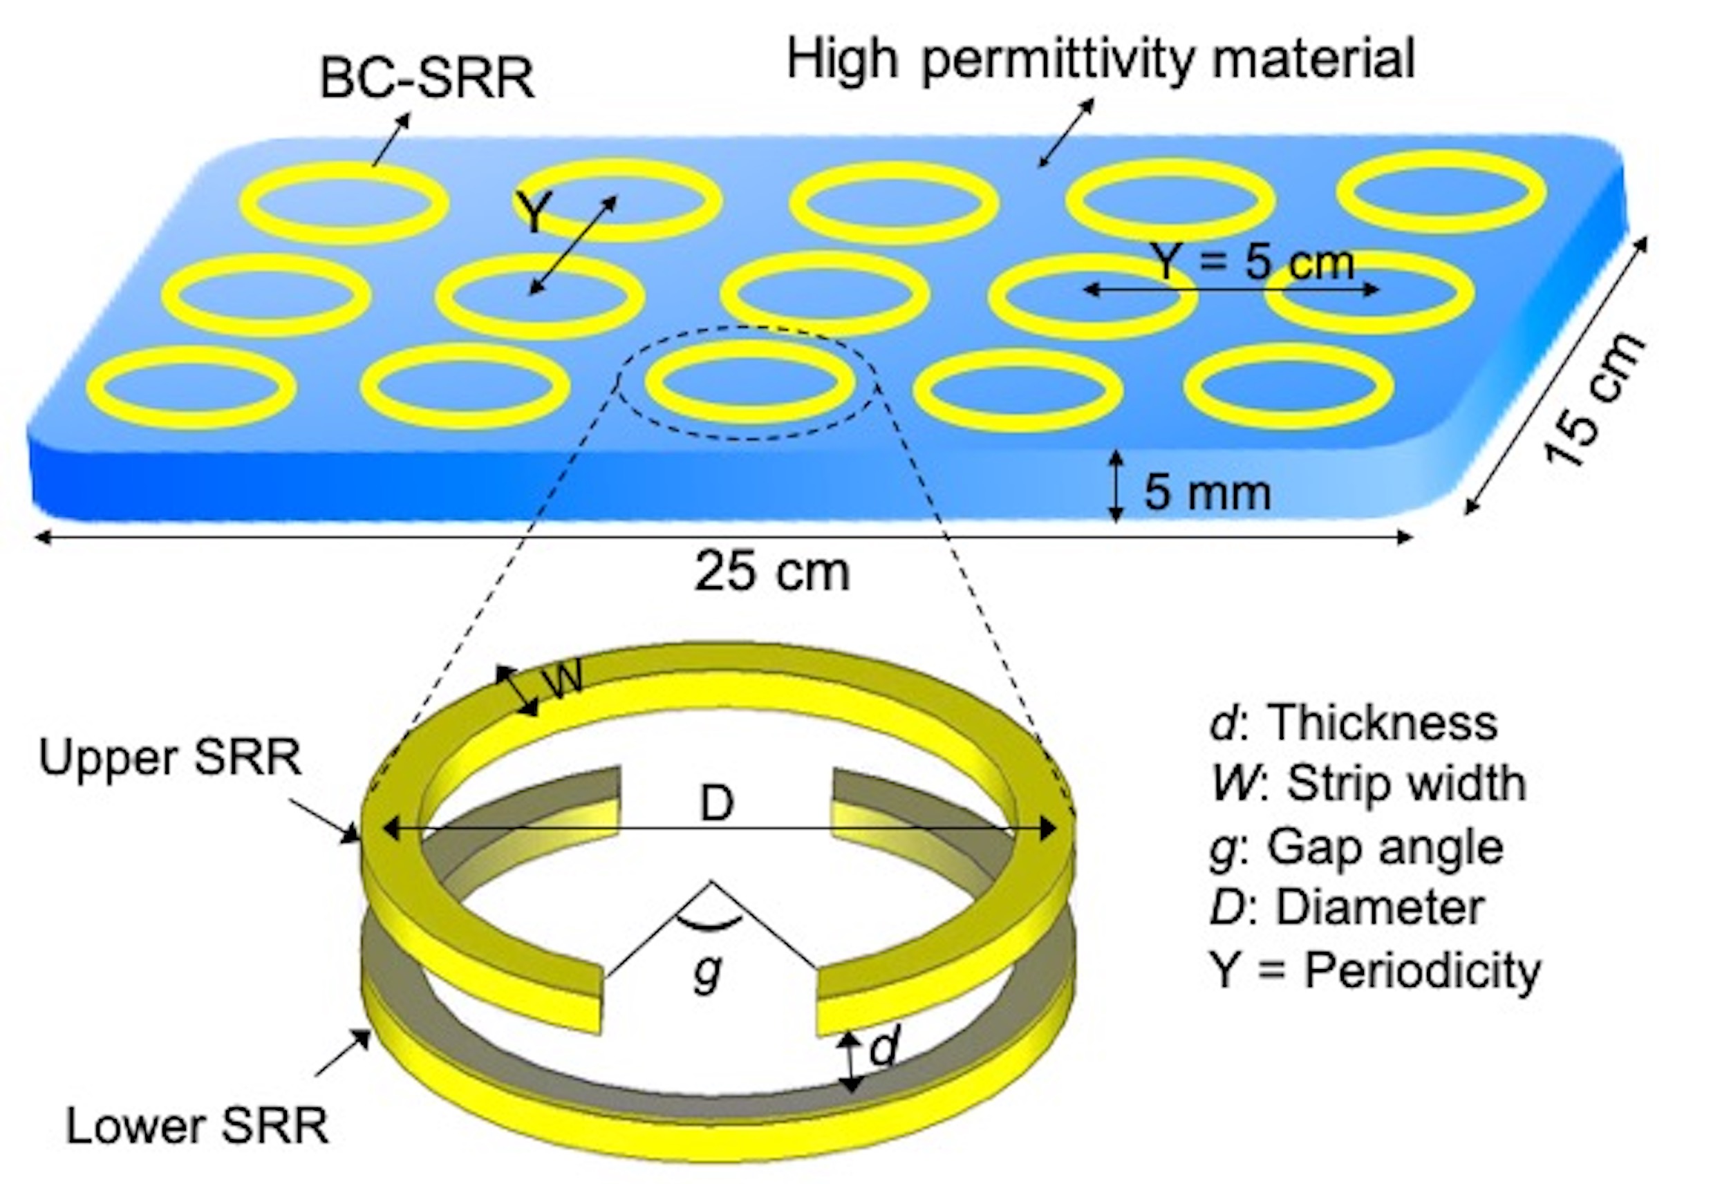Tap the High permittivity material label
[1100, 59]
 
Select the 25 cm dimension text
[771, 572]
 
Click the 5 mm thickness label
[1206, 492]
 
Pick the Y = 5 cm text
[1252, 262]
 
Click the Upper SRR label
[170, 758]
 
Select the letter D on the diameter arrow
[717, 805]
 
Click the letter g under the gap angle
[707, 972]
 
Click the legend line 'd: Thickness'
[1353, 723]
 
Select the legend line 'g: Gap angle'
[1356, 847]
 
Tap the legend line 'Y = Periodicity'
[1375, 970]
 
